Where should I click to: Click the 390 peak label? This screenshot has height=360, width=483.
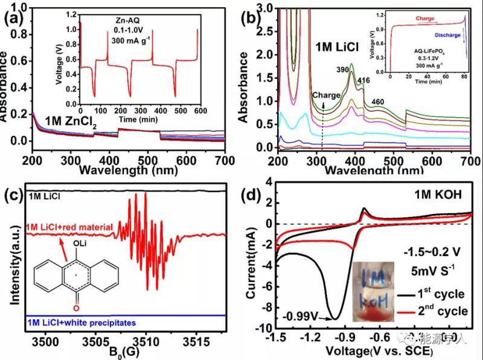pos(343,70)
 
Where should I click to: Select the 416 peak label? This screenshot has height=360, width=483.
pos(363,80)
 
